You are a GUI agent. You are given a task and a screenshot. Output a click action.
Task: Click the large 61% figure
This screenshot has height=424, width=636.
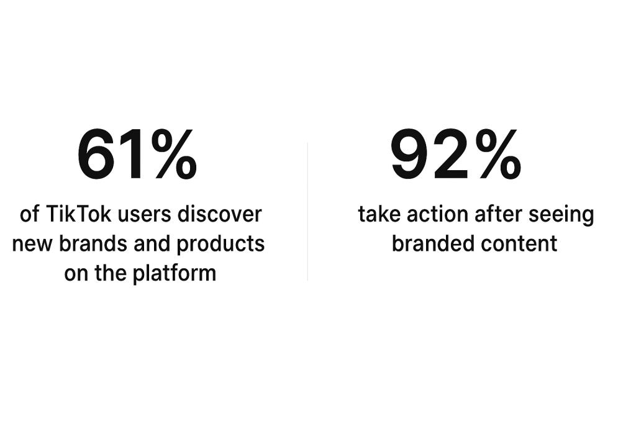[x=137, y=153]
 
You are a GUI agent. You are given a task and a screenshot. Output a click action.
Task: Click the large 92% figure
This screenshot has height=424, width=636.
[x=456, y=153]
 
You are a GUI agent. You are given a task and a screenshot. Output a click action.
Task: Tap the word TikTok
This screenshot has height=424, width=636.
[x=78, y=214]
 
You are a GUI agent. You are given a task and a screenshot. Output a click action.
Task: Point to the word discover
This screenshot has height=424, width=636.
[x=219, y=214]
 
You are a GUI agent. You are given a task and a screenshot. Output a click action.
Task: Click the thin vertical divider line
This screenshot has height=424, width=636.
[x=307, y=212]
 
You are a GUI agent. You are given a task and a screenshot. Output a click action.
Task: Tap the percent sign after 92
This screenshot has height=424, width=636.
[x=498, y=153]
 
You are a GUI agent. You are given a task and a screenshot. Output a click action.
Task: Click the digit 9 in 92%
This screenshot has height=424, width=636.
[x=410, y=153]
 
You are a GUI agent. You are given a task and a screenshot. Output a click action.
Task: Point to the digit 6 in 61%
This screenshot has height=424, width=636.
[x=96, y=153]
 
